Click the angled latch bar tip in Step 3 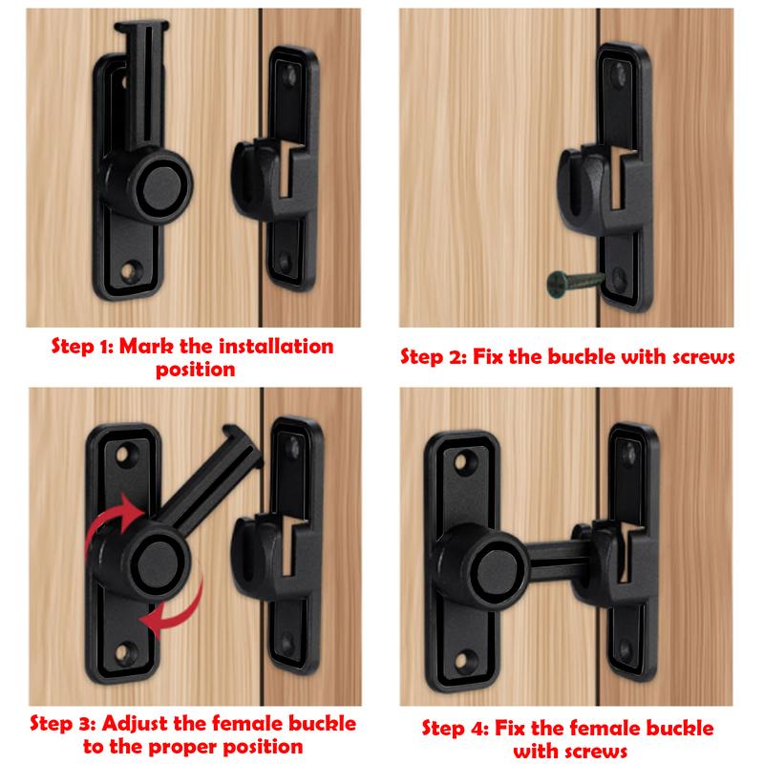pos(242,437)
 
